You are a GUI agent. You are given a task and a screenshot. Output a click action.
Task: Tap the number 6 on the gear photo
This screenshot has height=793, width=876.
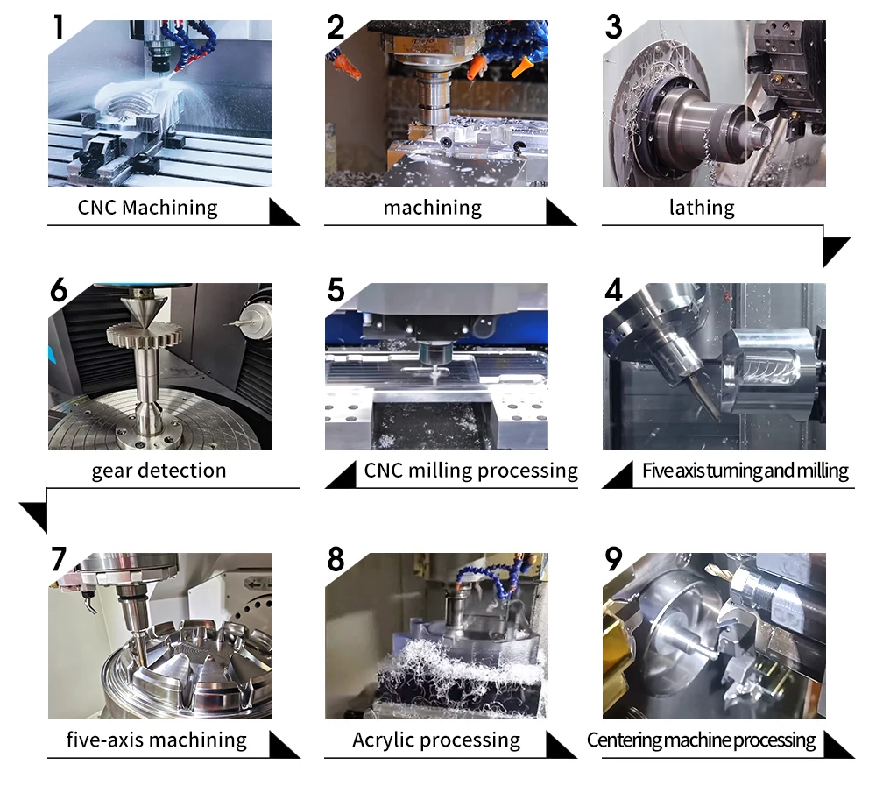coord(59,288)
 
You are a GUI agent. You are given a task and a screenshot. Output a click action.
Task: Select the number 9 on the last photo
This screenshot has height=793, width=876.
coord(615,559)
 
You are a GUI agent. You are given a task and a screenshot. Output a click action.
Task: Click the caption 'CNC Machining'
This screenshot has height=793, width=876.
coord(147,208)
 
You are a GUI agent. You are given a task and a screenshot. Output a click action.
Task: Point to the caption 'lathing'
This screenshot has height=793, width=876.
coord(702,208)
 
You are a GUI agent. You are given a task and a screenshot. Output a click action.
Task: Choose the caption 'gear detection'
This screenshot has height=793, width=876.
coord(159,471)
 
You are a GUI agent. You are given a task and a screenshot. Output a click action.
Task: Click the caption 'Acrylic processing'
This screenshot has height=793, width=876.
coord(436,740)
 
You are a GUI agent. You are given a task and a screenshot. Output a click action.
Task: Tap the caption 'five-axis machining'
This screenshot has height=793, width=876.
coord(157,740)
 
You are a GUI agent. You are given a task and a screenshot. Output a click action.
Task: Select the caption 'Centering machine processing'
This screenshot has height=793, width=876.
coord(701,740)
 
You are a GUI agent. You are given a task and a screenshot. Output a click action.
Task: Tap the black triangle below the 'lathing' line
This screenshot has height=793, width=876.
coord(836,250)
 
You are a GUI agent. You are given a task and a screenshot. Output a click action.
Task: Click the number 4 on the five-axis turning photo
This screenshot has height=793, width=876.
coord(613,289)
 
